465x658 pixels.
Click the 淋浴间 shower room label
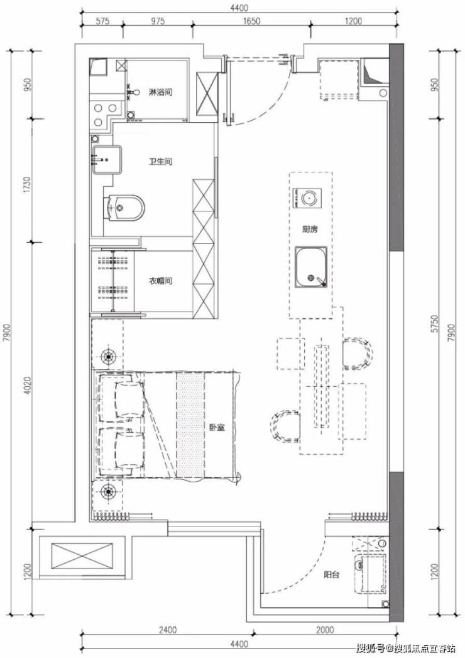pos(160,92)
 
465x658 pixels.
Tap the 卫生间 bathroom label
pos(160,162)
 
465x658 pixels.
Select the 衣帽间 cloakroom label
pos(160,281)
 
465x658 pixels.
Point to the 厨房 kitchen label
pos(310,229)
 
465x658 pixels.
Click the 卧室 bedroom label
pos(217,428)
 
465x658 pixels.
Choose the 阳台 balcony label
pos(332,574)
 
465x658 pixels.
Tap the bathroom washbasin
pos(106,159)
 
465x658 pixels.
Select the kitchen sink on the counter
pos(310,267)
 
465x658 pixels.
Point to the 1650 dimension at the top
pos(251,21)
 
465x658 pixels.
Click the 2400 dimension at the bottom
pos(168,630)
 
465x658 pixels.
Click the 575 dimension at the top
pos(102,21)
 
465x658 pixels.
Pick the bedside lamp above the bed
pos(109,356)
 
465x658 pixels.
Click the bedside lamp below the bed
pos(109,489)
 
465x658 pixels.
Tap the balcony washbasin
pos(369,574)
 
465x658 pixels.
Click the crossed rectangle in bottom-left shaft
pos(82,556)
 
